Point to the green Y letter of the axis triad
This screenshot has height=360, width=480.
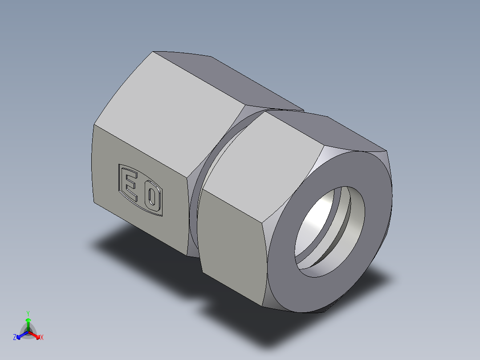28,313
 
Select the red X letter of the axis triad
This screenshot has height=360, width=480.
42,338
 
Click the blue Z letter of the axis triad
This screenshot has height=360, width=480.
15,338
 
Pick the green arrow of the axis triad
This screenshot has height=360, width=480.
28,323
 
